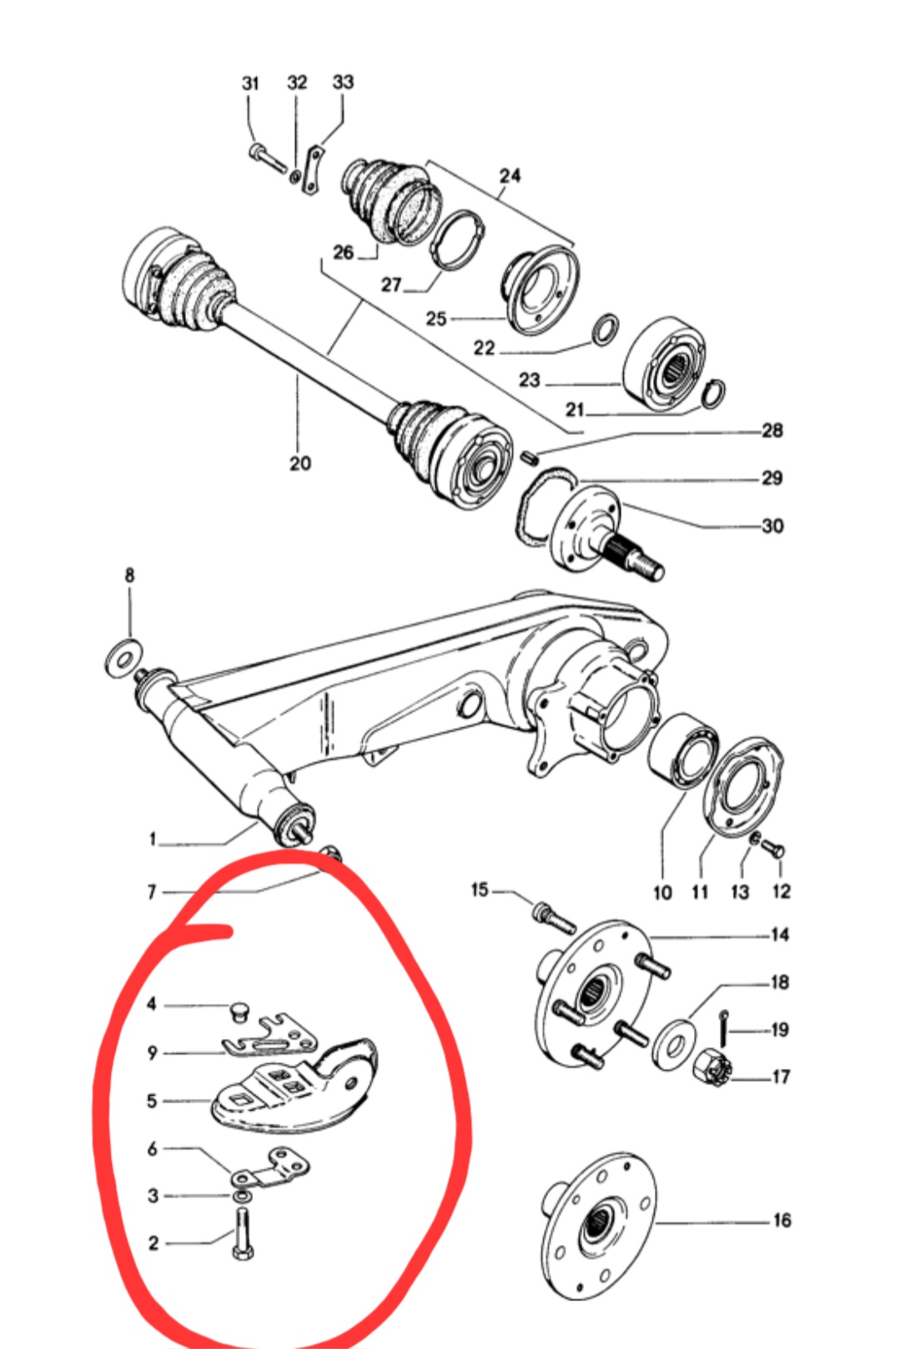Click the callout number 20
coord(300,463)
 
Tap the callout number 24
coord(510,175)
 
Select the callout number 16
coord(781,1220)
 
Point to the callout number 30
coord(772,525)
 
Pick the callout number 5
coord(152,1101)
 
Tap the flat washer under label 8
coord(123,659)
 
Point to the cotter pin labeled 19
coord(724,1028)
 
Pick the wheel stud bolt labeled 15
coord(552,917)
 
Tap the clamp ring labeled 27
coord(457,240)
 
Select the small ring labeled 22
coord(605,328)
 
